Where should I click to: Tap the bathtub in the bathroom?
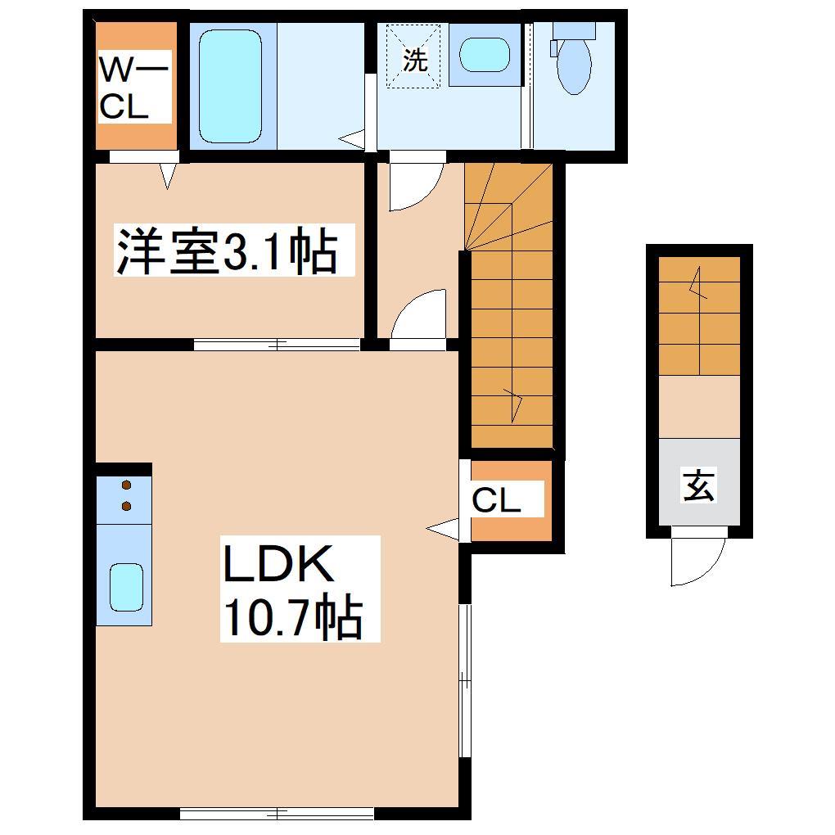230,86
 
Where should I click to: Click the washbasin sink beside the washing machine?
484,55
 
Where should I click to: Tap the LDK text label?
277,566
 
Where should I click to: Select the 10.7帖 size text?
291,619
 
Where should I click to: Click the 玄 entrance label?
698,488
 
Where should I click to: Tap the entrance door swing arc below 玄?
698,561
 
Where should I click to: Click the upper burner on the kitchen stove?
126,485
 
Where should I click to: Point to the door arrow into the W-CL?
169,175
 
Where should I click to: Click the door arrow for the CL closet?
442,529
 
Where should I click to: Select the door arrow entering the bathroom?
353,139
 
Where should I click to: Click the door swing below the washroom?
414,184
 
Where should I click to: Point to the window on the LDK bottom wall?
277,813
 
